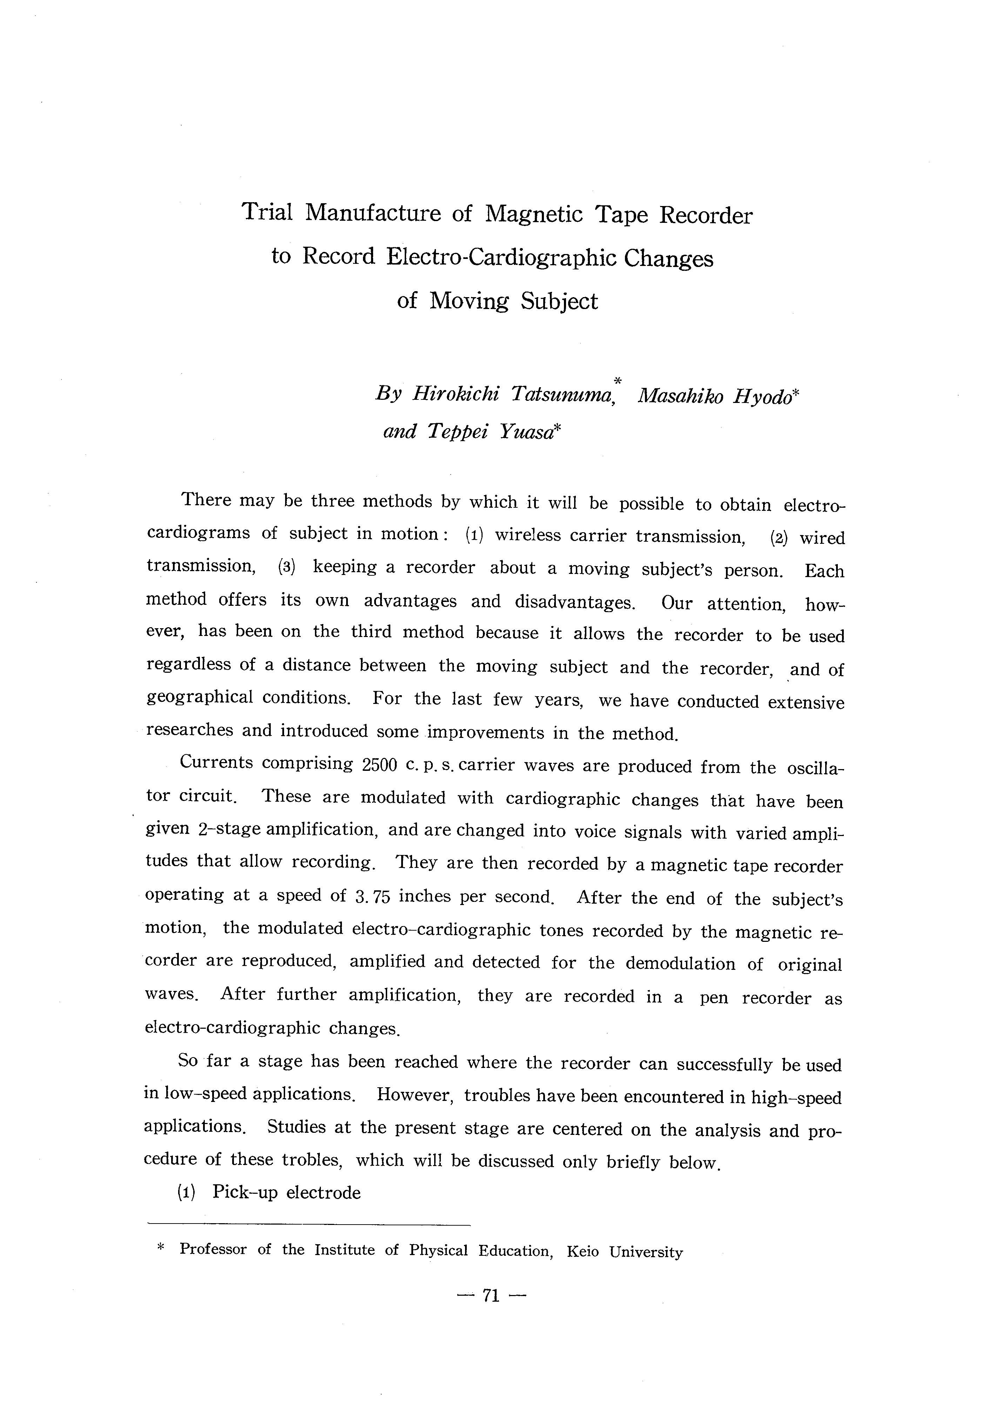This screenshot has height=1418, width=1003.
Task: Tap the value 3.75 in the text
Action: pos(373,896)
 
